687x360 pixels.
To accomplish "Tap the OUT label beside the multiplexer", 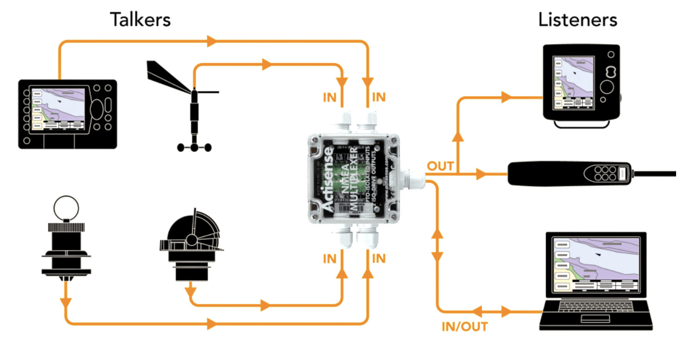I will click(440, 166).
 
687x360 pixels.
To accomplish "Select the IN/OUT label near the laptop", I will click(464, 326).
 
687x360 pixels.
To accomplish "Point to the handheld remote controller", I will click(570, 173).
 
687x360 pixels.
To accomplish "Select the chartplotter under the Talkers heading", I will click(67, 113).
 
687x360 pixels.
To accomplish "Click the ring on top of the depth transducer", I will click(66, 208).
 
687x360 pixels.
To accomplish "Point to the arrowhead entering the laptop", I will click(506, 312).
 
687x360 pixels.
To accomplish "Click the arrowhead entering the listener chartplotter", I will click(507, 97).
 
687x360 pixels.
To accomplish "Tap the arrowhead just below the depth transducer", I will click(66, 301).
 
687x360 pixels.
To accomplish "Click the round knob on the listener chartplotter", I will click(609, 87).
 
